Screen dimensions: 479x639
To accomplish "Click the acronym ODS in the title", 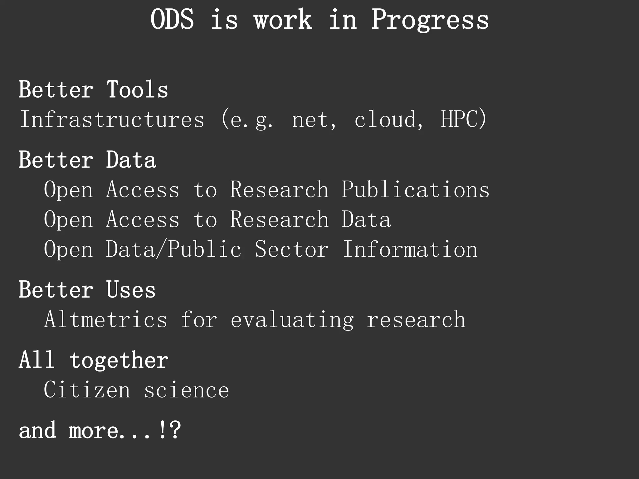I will point(172,20).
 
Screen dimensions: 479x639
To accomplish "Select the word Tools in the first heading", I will point(137,90).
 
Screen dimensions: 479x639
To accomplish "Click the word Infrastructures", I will point(112,119).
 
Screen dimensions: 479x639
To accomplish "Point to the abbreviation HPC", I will point(460,119).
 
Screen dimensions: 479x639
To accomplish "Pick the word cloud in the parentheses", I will point(385,119).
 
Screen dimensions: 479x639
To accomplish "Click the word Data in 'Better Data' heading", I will point(131,160).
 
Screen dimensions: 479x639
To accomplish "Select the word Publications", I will point(415,190).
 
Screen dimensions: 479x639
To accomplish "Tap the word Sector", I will point(291,249).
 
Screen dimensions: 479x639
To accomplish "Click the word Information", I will point(410,249).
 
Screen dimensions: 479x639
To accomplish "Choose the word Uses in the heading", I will point(131,290).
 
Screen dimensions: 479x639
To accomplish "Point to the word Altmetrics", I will point(106,320).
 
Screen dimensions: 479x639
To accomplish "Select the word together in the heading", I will point(119,360).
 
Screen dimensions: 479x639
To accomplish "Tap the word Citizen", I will point(87,390).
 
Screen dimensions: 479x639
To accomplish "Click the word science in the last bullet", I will point(186,390).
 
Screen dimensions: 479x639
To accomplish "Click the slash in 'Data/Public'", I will point(161,249).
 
